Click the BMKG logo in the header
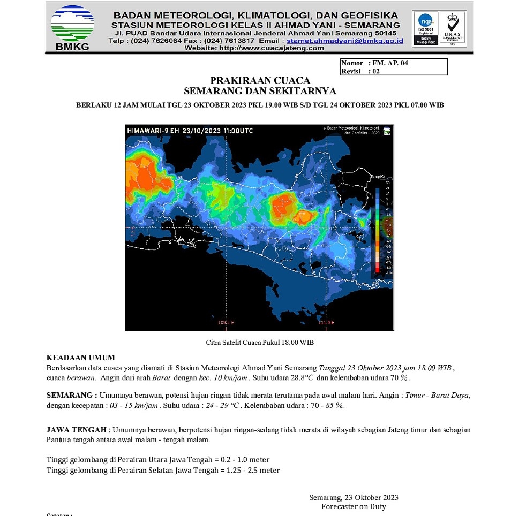[72, 27]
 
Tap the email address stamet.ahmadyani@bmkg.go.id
[345, 41]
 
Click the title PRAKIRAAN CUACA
[260, 80]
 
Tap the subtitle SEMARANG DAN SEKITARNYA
[260, 91]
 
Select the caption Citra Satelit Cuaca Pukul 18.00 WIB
[260, 342]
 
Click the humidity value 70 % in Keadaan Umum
[401, 377]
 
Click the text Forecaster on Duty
[353, 506]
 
